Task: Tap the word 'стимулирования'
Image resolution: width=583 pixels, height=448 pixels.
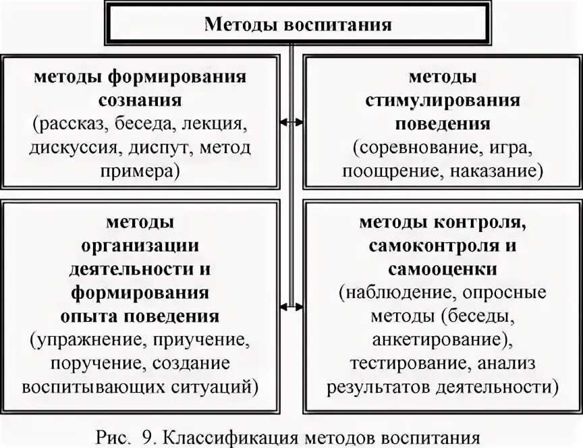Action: tap(443, 101)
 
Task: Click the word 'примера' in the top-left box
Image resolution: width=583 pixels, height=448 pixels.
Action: tap(137, 171)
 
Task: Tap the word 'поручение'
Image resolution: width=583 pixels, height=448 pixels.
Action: tap(94, 364)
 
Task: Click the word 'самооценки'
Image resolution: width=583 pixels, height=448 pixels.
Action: tap(443, 269)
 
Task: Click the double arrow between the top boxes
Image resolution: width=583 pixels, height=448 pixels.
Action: tap(291, 122)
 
